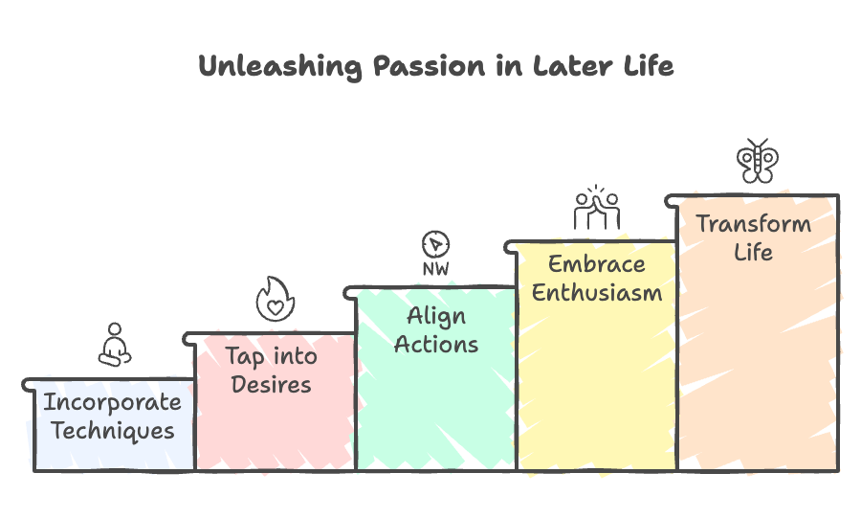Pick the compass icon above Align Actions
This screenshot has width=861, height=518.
(436, 244)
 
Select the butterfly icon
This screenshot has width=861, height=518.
(757, 161)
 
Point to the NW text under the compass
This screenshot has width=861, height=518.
(436, 270)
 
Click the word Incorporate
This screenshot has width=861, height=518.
(112, 402)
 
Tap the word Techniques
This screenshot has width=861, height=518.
(113, 431)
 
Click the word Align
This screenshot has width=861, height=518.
(436, 316)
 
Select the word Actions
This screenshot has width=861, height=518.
(436, 345)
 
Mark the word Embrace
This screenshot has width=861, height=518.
(597, 264)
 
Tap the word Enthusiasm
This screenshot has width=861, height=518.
(597, 293)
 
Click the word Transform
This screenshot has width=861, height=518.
(753, 225)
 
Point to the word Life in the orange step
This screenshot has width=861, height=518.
(753, 254)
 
